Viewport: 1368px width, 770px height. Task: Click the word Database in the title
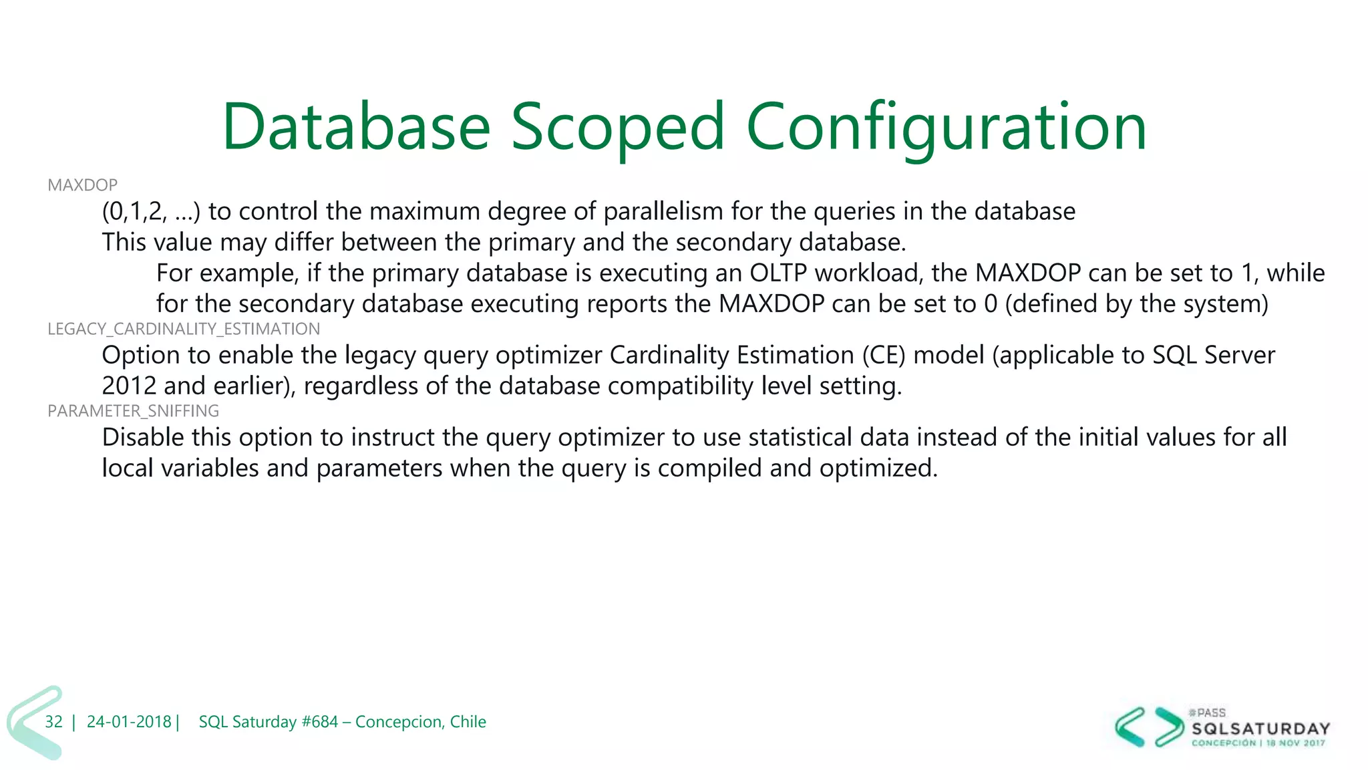356,127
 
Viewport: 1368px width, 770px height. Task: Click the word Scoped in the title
618,127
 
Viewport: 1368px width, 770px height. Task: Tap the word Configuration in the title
947,127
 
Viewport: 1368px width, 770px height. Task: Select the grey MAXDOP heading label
82,185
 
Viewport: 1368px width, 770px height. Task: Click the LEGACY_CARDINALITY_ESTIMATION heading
184,329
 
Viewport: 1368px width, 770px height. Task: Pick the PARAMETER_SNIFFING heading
133,410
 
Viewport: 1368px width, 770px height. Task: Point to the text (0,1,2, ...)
151,211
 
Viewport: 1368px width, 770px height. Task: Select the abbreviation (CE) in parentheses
883,355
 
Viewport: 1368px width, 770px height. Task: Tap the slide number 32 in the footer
53,722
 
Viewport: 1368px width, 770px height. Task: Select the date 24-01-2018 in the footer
129,722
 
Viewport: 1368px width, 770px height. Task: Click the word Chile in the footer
468,722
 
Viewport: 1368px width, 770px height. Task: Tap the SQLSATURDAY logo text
1260,729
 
